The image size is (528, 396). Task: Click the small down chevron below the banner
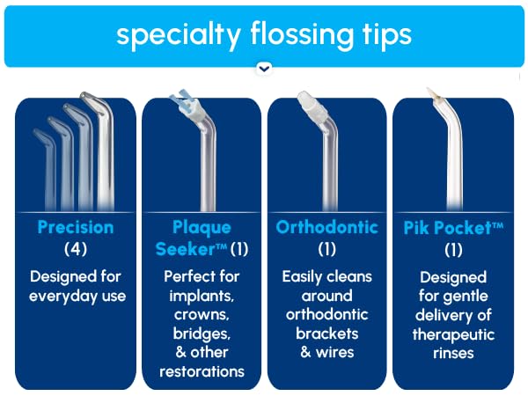(264, 67)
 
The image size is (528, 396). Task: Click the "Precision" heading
(76, 227)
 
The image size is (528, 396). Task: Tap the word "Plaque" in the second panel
(202, 227)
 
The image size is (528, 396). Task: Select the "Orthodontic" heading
(326, 227)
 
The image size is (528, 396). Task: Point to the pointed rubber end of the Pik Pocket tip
(431, 92)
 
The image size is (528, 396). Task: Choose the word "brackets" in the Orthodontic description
(326, 334)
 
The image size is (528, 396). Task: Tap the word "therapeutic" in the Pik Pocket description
(453, 334)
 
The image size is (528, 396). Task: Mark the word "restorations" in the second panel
(202, 371)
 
